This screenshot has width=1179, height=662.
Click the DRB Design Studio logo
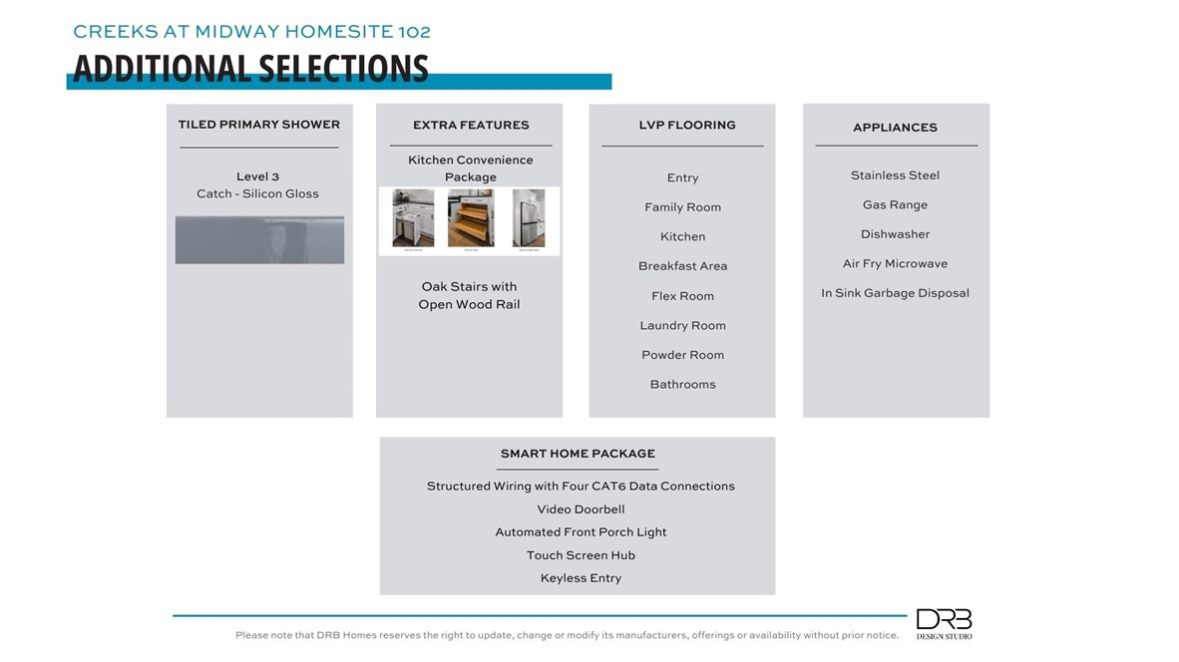point(944,623)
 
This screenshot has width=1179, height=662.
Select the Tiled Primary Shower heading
point(258,125)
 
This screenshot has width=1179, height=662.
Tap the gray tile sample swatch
point(259,239)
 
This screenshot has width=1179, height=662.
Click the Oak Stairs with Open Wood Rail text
point(469,295)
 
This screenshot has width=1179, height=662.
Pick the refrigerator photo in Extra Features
point(529,218)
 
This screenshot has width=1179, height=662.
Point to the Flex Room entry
point(682,296)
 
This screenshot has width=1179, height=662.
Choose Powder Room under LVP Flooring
point(682,355)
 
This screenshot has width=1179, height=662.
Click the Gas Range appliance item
point(895,205)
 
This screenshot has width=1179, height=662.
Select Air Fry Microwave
point(895,264)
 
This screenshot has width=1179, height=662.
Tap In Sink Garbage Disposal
point(895,293)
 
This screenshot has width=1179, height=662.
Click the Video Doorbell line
point(580,509)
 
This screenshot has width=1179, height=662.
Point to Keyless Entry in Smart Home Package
point(581,578)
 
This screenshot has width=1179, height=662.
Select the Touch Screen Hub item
point(581,555)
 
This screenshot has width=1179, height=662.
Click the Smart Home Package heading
point(578,454)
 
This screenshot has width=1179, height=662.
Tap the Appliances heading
point(895,128)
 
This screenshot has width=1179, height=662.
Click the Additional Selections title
point(250,68)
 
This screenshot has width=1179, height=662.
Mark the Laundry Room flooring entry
point(682,326)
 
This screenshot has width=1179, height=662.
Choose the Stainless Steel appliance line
point(895,175)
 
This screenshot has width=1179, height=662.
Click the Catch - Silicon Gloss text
point(257,193)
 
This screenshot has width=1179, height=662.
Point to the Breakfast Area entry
point(682,266)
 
